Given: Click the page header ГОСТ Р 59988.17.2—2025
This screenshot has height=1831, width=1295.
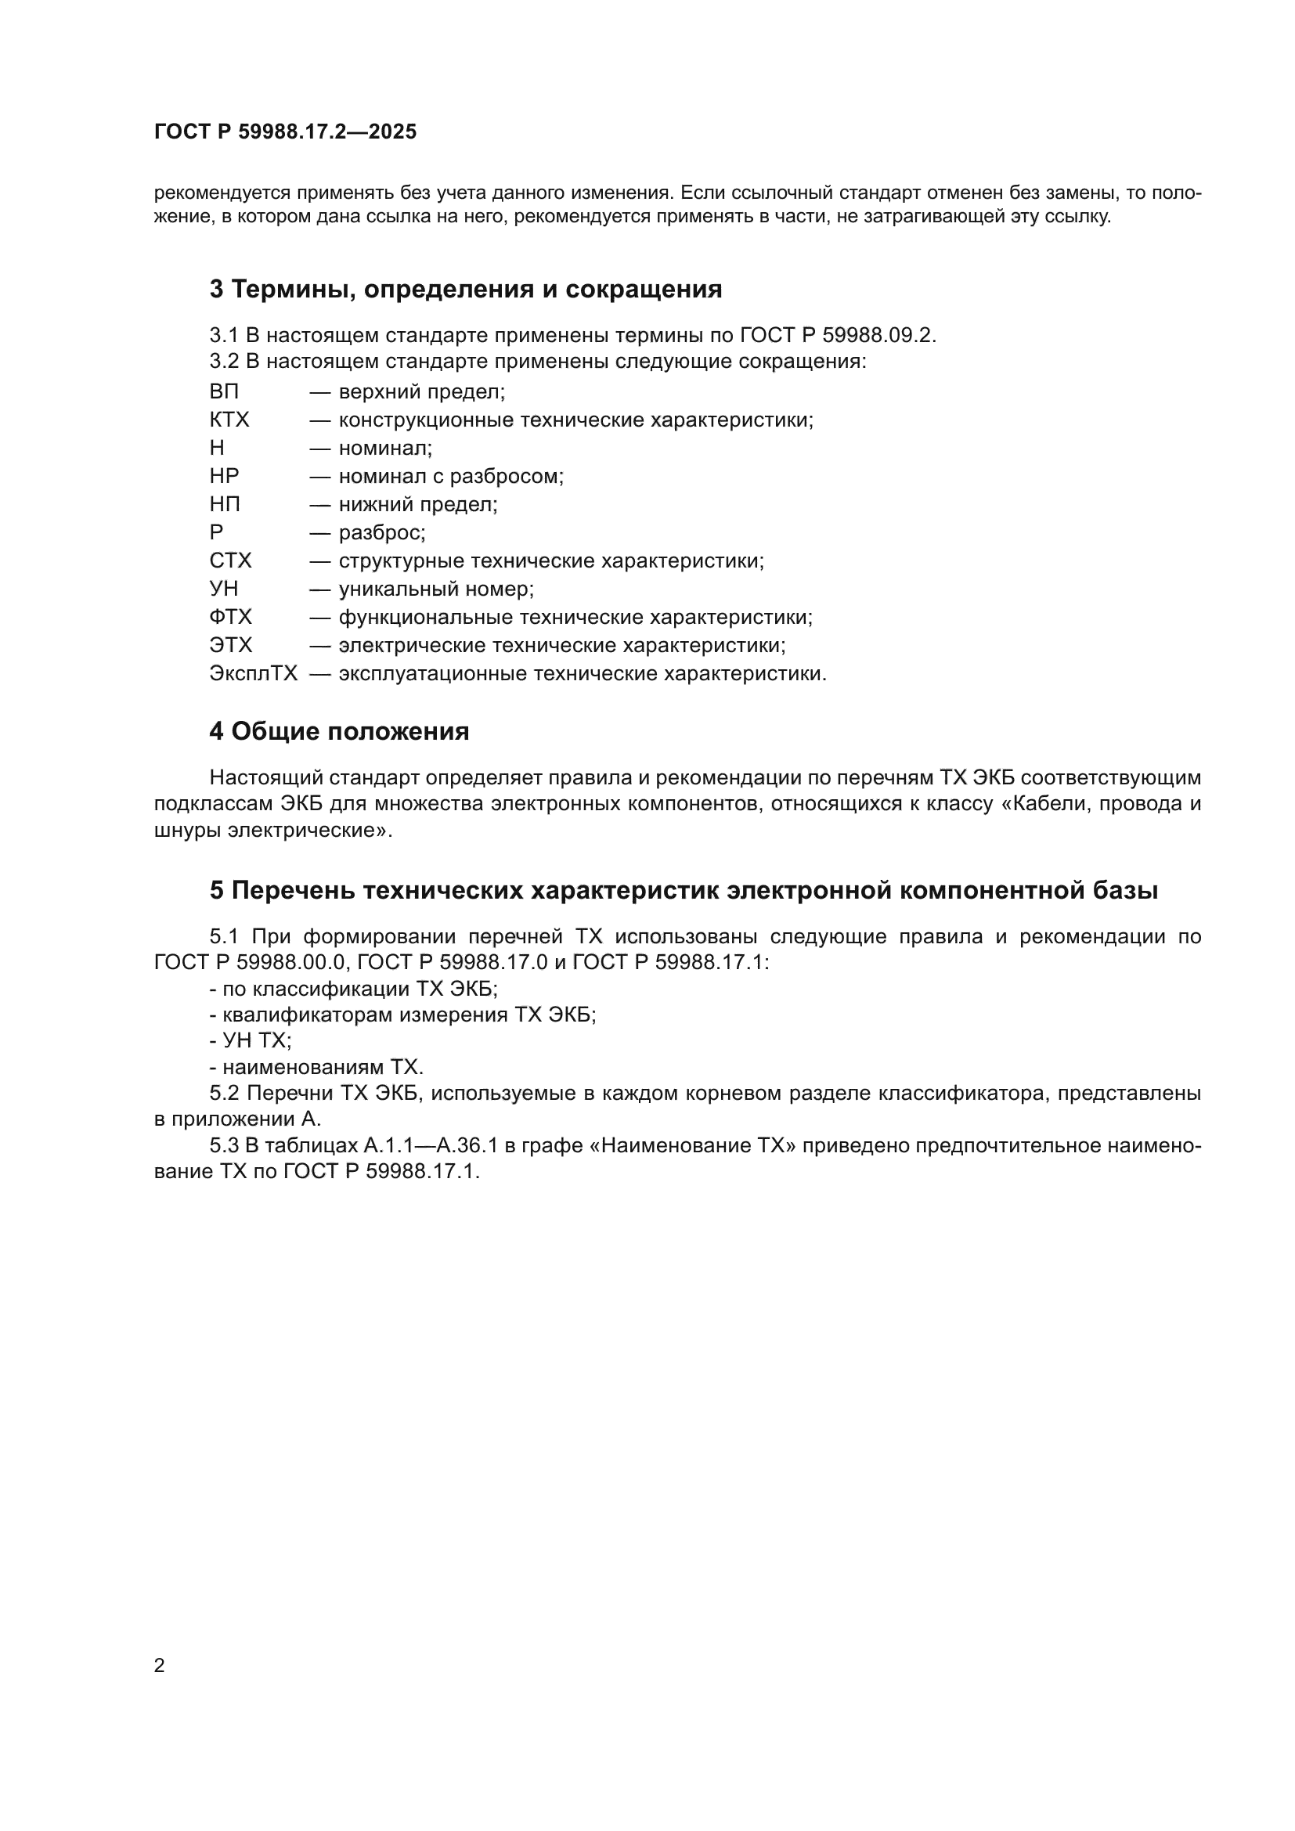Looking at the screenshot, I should [285, 132].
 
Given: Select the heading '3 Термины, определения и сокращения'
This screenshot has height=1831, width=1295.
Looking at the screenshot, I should [466, 290].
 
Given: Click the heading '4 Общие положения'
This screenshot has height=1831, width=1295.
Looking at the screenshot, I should [339, 731].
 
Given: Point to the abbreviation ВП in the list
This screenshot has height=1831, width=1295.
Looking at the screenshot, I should [224, 392].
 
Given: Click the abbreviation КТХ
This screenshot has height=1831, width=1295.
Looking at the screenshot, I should [229, 420].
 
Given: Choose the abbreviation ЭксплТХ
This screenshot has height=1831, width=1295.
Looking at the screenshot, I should [253, 674].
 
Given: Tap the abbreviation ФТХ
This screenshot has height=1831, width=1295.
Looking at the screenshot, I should [230, 617].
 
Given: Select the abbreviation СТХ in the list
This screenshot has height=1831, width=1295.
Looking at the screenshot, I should [229, 561].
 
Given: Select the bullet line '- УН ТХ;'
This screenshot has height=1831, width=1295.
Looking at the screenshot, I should [251, 1040].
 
